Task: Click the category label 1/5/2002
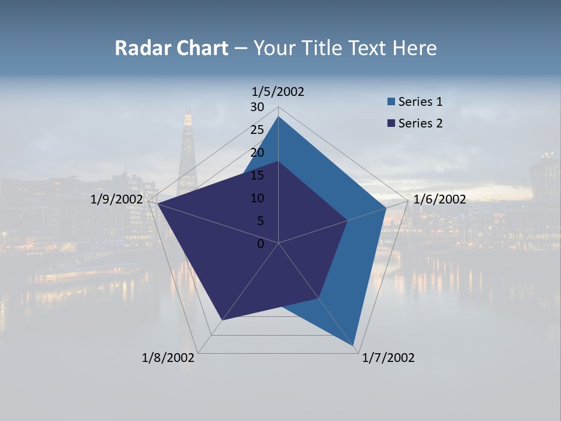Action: pos(278,92)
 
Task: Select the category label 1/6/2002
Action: pos(439,199)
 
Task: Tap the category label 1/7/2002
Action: pos(388,358)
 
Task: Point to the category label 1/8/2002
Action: pos(168,358)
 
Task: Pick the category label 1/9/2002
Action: pos(117,199)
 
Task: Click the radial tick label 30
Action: pos(257,107)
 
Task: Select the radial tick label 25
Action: pos(257,130)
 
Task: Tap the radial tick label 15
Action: pos(257,175)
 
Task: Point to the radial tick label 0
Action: pos(261,244)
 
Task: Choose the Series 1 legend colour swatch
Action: pos(391,102)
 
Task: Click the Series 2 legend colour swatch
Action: pos(391,123)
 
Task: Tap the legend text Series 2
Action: pos(420,123)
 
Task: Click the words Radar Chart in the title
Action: pos(171,48)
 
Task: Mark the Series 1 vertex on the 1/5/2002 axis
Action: pos(278,116)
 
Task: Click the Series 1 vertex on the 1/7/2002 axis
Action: pos(354,346)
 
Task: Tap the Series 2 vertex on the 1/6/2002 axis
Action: pos(347,220)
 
